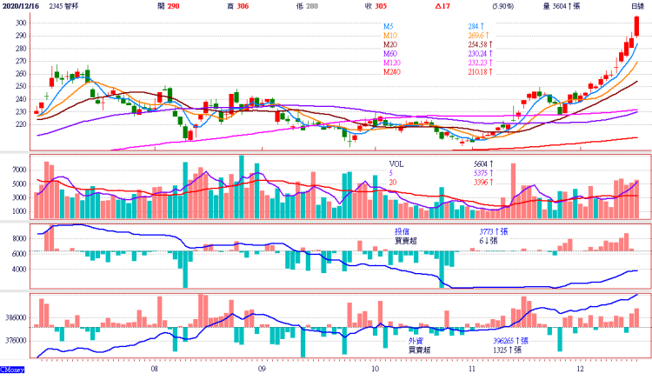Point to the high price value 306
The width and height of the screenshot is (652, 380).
[243, 6]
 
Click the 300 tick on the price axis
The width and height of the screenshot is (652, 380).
[19, 35]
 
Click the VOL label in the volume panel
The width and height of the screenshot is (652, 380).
[396, 163]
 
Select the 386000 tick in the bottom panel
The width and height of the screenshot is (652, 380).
[15, 318]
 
